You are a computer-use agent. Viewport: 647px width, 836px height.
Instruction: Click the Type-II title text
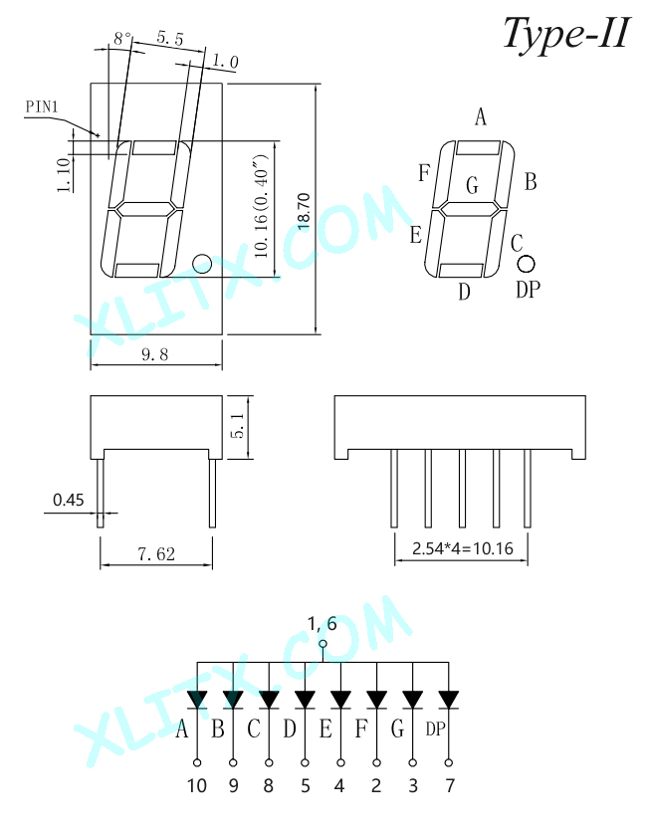[566, 34]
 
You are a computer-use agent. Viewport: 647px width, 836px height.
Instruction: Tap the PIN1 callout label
[42, 106]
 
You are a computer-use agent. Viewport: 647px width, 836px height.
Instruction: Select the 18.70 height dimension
[304, 212]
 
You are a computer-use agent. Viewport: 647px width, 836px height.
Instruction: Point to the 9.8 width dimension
[154, 354]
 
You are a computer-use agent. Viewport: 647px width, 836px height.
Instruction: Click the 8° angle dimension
[122, 38]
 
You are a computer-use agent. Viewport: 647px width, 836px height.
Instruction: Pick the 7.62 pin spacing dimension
[156, 554]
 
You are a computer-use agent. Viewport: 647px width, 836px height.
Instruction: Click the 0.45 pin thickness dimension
[69, 500]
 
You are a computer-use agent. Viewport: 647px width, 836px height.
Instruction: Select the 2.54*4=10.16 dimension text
[463, 548]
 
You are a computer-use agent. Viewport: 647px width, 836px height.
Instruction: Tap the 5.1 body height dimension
[239, 426]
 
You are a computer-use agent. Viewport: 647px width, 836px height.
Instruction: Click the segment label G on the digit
[472, 185]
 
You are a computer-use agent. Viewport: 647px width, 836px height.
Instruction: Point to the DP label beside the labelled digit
[529, 290]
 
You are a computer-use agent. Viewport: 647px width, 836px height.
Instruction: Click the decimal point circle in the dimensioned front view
[202, 263]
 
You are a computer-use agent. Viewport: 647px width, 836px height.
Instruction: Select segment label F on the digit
[424, 173]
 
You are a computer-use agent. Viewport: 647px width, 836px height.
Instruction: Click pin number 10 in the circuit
[197, 785]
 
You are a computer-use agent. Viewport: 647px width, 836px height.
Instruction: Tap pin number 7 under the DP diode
[450, 785]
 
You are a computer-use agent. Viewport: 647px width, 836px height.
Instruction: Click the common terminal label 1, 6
[323, 623]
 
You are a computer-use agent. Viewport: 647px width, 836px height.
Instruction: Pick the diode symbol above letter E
[340, 700]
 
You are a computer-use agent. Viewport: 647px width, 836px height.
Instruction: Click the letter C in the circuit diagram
[254, 729]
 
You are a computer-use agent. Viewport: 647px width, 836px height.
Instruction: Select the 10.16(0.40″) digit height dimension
[262, 206]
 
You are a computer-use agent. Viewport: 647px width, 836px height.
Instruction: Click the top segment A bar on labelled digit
[478, 147]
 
